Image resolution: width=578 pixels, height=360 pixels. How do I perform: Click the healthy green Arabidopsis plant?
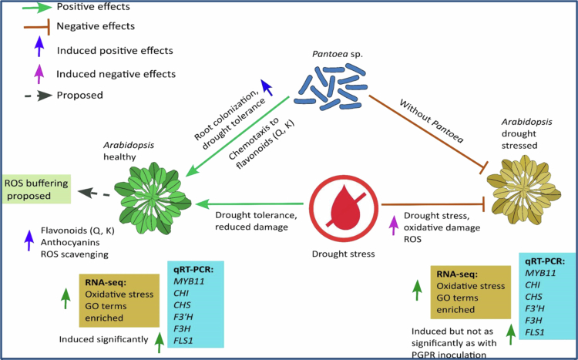pos(153,198)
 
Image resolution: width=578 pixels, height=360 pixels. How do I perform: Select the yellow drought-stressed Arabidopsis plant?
pos(523,190)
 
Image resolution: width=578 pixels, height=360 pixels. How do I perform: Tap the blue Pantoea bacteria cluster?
pos(331,87)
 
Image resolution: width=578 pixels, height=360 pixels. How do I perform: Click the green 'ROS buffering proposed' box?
pos(36,189)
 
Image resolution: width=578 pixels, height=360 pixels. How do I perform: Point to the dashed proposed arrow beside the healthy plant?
pos(94,193)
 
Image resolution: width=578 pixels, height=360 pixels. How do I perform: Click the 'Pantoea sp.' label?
pos(338,54)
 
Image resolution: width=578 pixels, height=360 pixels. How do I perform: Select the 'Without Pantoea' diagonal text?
pos(432,121)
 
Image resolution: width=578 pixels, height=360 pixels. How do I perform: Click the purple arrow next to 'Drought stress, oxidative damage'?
pos(394,225)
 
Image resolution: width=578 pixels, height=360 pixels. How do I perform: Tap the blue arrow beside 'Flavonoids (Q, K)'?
pos(29,241)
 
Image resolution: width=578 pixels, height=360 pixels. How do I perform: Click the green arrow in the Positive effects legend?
pos(36,7)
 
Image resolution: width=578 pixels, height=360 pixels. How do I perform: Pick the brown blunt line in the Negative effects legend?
pos(36,26)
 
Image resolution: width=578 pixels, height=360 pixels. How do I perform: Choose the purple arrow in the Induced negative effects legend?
pos(39,73)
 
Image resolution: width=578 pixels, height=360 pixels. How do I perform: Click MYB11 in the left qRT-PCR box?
pos(189,281)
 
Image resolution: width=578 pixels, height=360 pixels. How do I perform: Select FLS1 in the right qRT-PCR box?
pos(535,332)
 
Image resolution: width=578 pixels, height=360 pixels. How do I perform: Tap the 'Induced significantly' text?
pos(103,339)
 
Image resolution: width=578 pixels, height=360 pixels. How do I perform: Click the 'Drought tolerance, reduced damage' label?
pos(256,221)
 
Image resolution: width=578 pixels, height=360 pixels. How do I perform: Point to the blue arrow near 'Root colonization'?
pos(267,87)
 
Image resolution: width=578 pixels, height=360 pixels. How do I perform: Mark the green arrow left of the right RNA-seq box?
pos(417,290)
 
